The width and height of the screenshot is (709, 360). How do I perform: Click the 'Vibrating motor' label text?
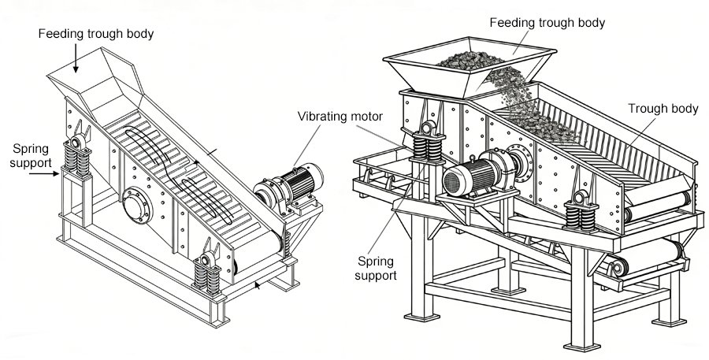tap(340, 117)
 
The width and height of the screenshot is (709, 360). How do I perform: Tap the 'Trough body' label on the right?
tap(663, 109)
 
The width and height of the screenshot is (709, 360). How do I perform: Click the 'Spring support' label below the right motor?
tap(377, 268)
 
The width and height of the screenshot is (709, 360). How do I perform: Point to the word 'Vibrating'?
tap(323, 117)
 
